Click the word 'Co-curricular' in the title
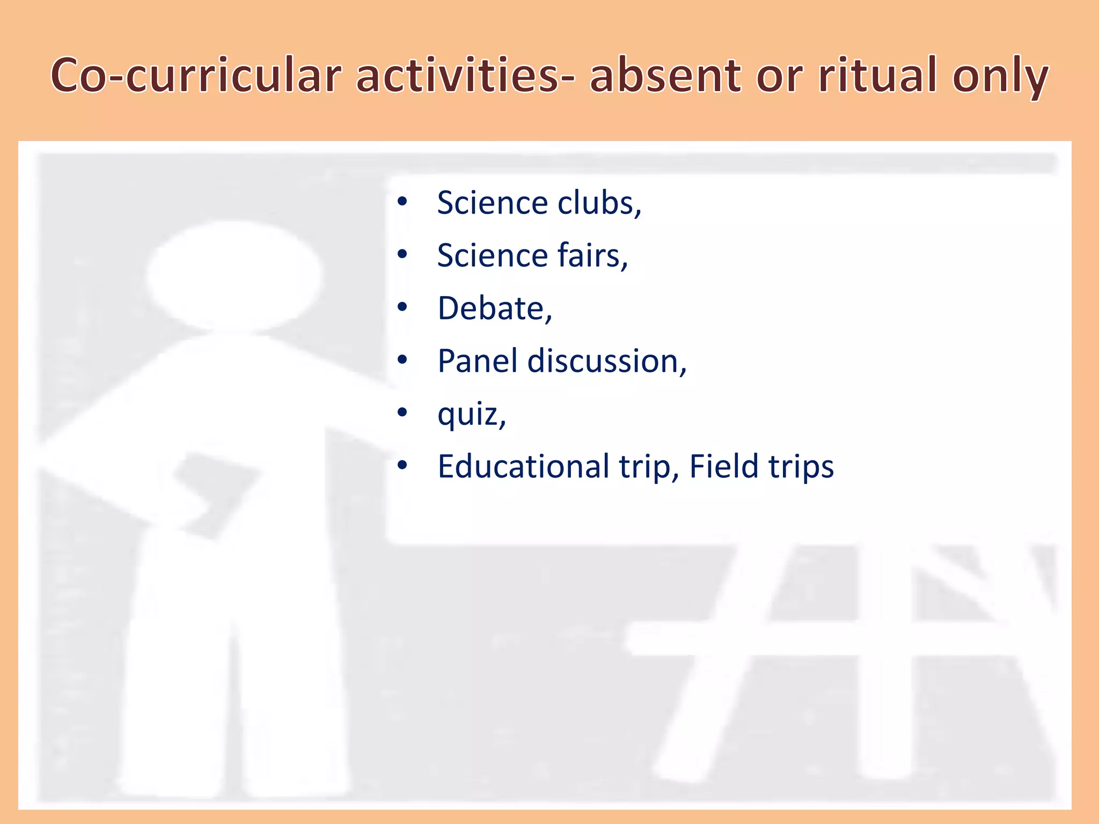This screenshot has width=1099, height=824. pyautogui.click(x=196, y=76)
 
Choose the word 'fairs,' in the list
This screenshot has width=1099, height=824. pyautogui.click(x=592, y=255)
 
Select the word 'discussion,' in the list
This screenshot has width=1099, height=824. pyautogui.click(x=607, y=360)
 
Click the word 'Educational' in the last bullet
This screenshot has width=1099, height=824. pyautogui.click(x=523, y=466)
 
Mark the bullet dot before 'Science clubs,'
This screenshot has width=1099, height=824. pyautogui.click(x=402, y=203)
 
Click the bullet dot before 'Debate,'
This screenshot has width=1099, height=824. pyautogui.click(x=402, y=308)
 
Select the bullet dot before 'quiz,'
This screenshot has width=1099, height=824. pyautogui.click(x=402, y=413)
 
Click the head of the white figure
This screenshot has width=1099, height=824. pyautogui.click(x=235, y=276)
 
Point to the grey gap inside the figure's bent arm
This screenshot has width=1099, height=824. pyautogui.click(x=215, y=494)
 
